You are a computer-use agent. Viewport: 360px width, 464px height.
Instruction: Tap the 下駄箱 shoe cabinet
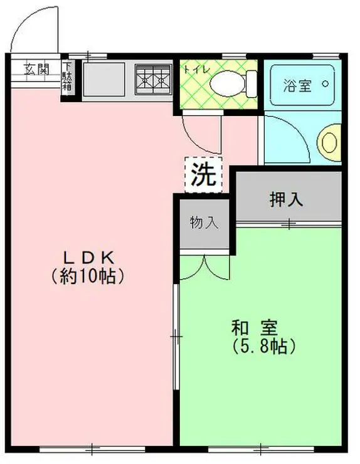[x=68, y=79]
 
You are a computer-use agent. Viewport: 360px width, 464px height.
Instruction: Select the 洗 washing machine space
[x=203, y=173]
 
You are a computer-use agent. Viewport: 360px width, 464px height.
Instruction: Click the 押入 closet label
[x=287, y=200]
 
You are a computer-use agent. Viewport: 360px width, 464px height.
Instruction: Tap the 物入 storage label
[x=204, y=222]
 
